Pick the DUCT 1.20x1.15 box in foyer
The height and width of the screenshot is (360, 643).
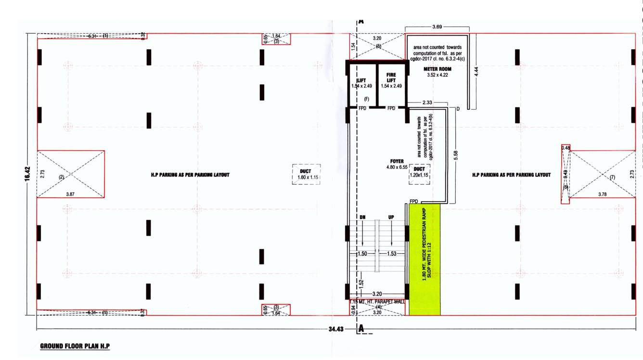419,172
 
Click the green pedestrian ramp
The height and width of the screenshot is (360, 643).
424,260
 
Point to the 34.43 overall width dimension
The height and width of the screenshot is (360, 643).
334,329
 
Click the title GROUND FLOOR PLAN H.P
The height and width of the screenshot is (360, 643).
75,346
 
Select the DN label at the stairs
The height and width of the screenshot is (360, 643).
362,218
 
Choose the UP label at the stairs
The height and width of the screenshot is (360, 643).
391,218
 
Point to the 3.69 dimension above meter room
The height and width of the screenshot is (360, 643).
437,26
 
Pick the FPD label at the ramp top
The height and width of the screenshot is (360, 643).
414,201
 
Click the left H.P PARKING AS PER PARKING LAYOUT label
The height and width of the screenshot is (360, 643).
190,175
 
